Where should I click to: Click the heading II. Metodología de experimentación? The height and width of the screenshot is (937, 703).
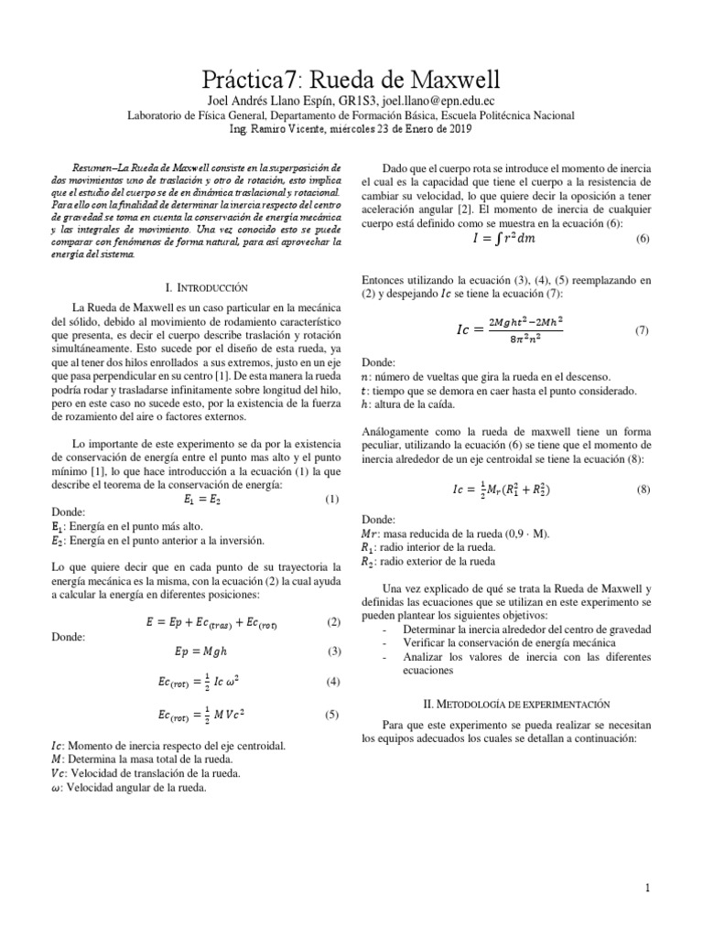tap(504, 705)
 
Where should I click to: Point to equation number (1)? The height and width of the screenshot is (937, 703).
tap(331, 500)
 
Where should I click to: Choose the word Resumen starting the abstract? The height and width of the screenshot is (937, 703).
tap(92, 168)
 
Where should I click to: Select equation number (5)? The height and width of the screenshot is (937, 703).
tap(331, 716)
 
